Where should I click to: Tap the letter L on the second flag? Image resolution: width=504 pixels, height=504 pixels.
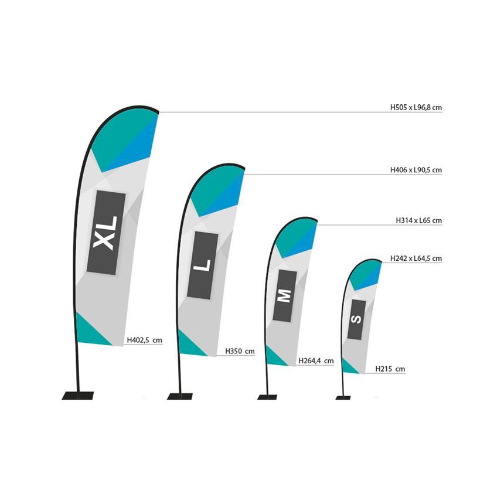[202, 265]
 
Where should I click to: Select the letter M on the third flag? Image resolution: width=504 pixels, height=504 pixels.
[284, 296]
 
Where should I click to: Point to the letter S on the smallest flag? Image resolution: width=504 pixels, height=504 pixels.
[356, 319]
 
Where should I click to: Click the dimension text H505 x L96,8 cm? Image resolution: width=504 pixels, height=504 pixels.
[416, 107]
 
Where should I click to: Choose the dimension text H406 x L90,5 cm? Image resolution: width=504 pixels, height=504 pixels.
[416, 170]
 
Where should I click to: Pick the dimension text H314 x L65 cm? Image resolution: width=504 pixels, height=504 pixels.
[419, 220]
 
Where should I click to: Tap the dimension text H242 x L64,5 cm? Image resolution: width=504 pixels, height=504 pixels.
[416, 258]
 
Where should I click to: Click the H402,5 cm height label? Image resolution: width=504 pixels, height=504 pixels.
[144, 340]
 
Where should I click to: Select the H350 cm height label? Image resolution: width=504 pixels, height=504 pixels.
[240, 351]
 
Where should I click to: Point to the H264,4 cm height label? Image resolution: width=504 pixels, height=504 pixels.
[316, 360]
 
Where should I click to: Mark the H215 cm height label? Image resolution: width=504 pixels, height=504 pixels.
[390, 369]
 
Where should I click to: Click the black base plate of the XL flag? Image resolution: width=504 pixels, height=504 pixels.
[77, 396]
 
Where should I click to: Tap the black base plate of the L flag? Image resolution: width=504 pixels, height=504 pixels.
[180, 396]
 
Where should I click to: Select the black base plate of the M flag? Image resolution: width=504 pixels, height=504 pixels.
[267, 397]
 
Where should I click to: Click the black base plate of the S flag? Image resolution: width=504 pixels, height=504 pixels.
[343, 398]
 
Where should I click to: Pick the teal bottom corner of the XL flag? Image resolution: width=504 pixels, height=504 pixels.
[88, 333]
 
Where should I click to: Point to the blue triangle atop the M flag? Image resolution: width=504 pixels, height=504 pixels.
[304, 241]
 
